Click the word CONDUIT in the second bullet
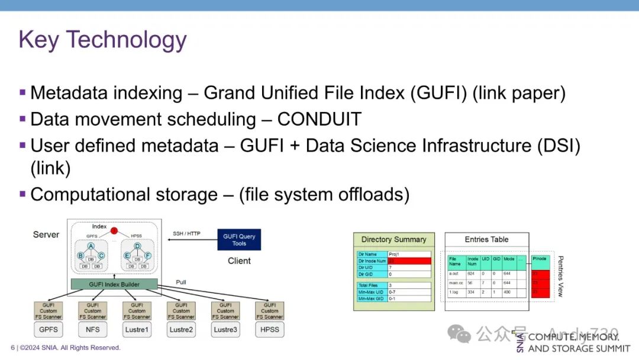pyautogui.click(x=319, y=119)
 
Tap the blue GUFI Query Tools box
pyautogui.click(x=239, y=239)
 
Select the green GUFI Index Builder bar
pyautogui.click(x=114, y=284)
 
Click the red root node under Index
pyautogui.click(x=114, y=230)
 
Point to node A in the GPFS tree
pyautogui.click(x=91, y=246)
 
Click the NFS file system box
pyautogui.click(x=92, y=329)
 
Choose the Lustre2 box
pyautogui.click(x=181, y=329)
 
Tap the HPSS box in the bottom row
pyautogui.click(x=269, y=329)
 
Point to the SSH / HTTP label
pyautogui.click(x=186, y=233)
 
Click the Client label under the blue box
pyautogui.click(x=239, y=261)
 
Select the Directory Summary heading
pyautogui.click(x=393, y=239)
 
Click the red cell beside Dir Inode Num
pyautogui.click(x=409, y=261)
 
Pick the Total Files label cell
pyautogui.click(x=372, y=285)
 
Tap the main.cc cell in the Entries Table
pyautogui.click(x=456, y=283)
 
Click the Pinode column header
pyautogui.click(x=540, y=259)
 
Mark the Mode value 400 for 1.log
pyautogui.click(x=508, y=292)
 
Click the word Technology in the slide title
pyautogui.click(x=126, y=40)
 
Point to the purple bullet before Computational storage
pyautogui.click(x=22, y=194)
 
